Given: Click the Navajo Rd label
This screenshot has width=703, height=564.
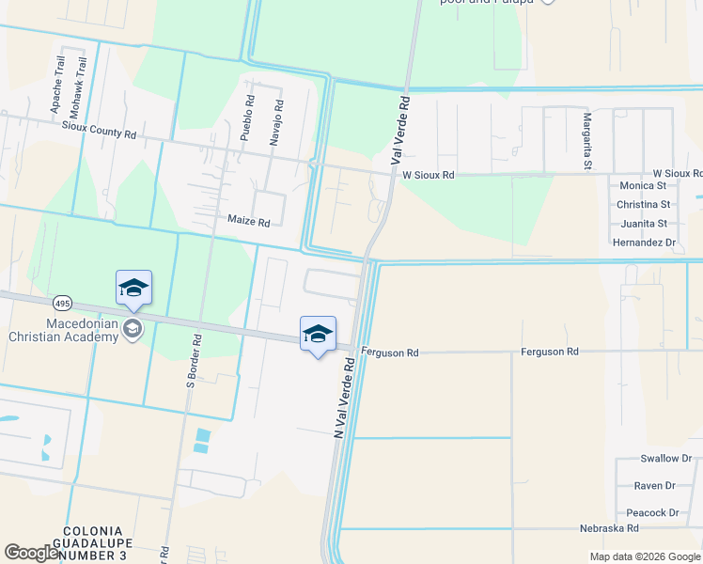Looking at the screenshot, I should [277, 121].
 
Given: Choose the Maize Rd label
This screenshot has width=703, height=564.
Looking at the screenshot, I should [249, 222].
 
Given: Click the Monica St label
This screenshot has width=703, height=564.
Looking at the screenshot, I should [643, 185].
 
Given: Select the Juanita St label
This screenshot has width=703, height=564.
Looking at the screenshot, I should [644, 224].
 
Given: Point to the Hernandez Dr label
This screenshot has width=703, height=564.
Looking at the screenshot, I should [644, 243].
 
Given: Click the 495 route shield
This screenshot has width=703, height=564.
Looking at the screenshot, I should [62, 303].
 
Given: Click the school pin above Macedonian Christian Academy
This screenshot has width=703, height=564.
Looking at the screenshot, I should [133, 288].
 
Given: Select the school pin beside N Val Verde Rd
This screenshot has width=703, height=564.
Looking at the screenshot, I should [318, 335].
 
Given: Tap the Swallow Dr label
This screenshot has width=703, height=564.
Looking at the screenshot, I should [665, 459].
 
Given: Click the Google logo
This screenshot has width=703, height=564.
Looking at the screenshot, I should [31, 553].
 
